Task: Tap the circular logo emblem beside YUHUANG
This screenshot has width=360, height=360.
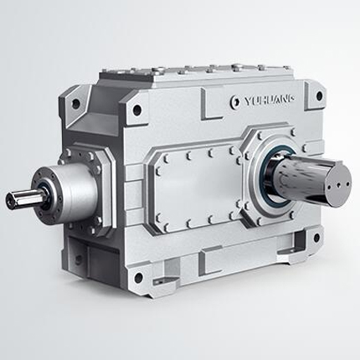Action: click(x=235, y=102)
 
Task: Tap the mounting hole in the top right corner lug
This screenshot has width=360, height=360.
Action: click(x=320, y=95)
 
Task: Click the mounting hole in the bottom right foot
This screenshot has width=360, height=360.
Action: click(x=316, y=238)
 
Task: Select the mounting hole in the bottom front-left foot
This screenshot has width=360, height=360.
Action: click(x=138, y=277)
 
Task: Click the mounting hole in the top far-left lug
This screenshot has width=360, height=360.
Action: click(x=75, y=104)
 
